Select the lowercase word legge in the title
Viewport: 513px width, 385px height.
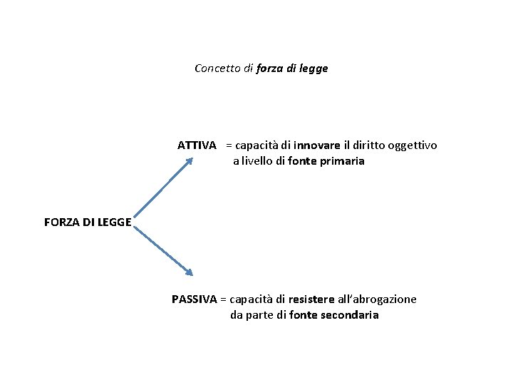tap(313, 69)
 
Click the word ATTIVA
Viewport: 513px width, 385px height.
tap(197, 145)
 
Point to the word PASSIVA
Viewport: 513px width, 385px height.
tap(194, 299)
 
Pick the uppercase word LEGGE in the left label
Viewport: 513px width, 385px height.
tap(114, 222)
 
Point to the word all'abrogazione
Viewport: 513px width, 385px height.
tap(377, 299)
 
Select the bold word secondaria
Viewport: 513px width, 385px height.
tap(349, 315)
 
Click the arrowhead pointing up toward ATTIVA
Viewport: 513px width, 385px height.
tap(189, 161)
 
